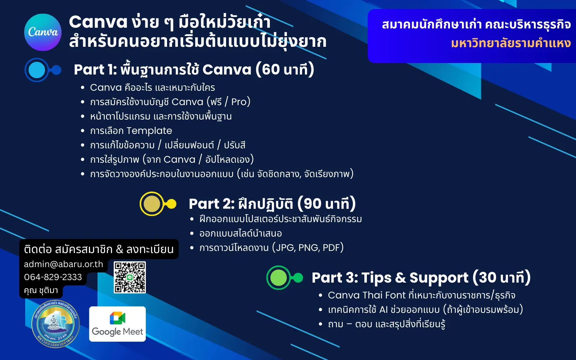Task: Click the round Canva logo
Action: point(43,32)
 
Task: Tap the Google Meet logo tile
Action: point(117,324)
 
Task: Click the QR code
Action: point(130,277)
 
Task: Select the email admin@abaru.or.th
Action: point(63,264)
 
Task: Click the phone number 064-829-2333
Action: point(53,277)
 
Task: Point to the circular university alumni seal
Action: point(55,324)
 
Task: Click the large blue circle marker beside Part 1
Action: point(37,70)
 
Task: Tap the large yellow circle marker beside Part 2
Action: point(152,204)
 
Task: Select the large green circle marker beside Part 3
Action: point(278,278)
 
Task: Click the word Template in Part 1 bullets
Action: point(149,131)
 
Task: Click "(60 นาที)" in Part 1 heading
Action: point(285,69)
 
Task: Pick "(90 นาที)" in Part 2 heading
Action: point(327,204)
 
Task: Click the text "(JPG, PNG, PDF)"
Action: point(308,248)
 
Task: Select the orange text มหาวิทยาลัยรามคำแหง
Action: point(510,43)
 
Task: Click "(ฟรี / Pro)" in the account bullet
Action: point(228,102)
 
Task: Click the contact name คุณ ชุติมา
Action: point(41,290)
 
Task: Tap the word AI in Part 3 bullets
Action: point(383,310)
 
